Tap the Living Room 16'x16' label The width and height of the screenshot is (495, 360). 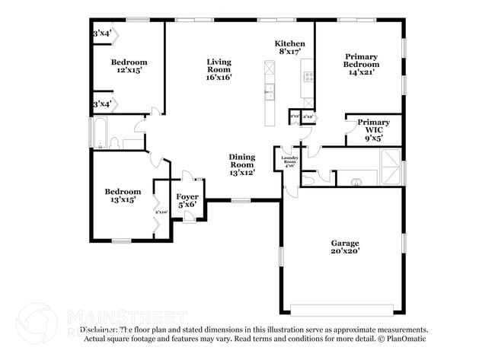219,69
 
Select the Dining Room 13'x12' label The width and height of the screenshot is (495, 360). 241,164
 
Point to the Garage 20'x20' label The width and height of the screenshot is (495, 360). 344,247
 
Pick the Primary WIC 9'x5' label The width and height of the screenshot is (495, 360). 373,130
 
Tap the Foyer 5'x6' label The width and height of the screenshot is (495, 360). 187,200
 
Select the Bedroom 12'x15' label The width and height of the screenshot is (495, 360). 129,65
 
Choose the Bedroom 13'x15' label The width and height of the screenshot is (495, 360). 123,196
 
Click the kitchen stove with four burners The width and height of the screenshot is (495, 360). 309,76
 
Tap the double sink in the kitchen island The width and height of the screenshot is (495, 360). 269,91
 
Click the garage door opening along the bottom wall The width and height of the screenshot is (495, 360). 343,310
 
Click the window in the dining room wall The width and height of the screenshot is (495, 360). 241,200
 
